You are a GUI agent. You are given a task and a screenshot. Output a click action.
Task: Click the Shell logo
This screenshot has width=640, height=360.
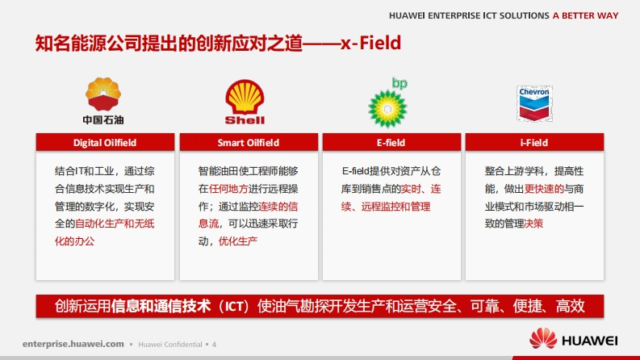pyautogui.click(x=245, y=102)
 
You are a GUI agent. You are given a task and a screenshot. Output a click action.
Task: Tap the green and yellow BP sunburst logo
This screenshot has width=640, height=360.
pyautogui.click(x=387, y=109)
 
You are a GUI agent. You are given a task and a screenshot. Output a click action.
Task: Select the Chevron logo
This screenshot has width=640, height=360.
pyautogui.click(x=534, y=103)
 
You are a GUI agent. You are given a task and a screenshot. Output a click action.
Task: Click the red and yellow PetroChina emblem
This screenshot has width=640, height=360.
pyautogui.click(x=103, y=94)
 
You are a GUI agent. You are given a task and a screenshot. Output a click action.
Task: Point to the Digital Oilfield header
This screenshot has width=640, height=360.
pyautogui.click(x=105, y=142)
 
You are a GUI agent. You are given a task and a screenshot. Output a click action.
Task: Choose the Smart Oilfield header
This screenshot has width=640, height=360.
pyautogui.click(x=249, y=142)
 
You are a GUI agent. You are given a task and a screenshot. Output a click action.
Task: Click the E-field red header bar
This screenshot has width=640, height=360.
pyautogui.click(x=391, y=142)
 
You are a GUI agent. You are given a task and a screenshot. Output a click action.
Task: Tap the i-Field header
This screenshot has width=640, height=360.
pyautogui.click(x=534, y=142)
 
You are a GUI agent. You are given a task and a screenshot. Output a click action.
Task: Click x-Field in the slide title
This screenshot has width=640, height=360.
pyautogui.click(x=371, y=43)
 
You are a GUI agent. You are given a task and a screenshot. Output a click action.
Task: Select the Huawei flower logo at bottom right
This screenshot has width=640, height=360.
pyautogui.click(x=543, y=338)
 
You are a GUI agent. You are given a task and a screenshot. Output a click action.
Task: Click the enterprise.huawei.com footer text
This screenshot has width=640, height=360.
pyautogui.click(x=73, y=344)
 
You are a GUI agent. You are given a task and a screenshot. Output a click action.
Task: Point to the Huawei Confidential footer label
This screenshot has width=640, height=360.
pyautogui.click(x=170, y=345)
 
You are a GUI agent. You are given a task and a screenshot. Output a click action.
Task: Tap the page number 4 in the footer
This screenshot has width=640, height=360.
pyautogui.click(x=215, y=345)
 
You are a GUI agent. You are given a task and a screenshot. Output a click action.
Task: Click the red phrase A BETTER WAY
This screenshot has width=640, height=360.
pyautogui.click(x=586, y=15)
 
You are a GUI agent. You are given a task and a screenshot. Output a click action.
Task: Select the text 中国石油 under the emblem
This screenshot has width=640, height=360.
pyautogui.click(x=103, y=120)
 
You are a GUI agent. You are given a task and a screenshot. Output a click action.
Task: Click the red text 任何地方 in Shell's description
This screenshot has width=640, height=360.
pyautogui.click(x=228, y=189)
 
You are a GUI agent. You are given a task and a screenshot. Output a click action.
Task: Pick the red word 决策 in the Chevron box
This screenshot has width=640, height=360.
pyautogui.click(x=534, y=224)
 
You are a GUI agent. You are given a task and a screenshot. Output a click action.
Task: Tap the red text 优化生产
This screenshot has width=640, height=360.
pyautogui.click(x=238, y=241)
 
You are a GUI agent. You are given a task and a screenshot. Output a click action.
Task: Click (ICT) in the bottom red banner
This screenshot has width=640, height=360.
pyautogui.click(x=234, y=306)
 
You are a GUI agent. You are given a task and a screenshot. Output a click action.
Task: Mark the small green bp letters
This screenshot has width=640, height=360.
pyautogui.click(x=399, y=83)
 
